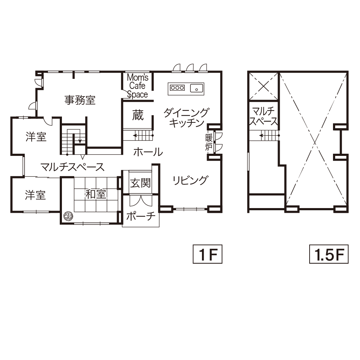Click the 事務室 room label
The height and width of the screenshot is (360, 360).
(x=80, y=100)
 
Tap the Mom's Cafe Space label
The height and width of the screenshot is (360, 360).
(x=138, y=86)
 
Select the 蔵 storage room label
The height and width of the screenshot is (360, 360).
(x=138, y=115)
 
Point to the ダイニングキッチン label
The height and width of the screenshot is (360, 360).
(x=186, y=118)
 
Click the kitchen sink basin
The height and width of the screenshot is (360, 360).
(x=197, y=88)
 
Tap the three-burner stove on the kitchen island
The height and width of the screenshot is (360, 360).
(x=177, y=87)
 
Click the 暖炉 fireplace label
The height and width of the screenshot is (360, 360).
(x=209, y=142)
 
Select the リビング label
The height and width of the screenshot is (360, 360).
(x=190, y=180)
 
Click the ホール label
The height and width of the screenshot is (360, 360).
(x=148, y=152)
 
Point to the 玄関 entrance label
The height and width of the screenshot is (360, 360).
(x=140, y=183)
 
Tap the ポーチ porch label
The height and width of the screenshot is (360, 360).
(x=141, y=216)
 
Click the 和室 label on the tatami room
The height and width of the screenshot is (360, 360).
(x=96, y=194)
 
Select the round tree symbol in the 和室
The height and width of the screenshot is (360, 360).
(x=68, y=216)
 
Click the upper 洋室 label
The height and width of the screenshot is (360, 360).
(x=36, y=136)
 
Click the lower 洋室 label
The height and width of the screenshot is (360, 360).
(x=35, y=195)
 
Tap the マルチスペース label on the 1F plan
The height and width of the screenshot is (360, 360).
(x=72, y=167)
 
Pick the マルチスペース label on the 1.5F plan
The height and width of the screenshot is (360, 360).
(x=264, y=116)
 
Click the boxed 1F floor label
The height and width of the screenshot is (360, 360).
(x=208, y=254)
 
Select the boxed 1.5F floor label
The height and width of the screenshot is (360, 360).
(x=329, y=254)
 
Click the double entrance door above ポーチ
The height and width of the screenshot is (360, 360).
(x=140, y=201)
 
